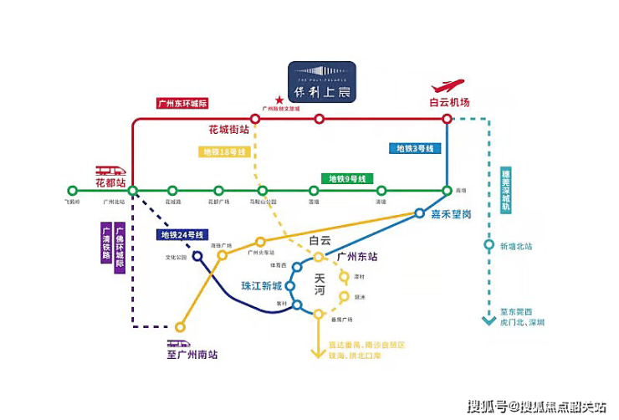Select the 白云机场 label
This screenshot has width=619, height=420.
pyautogui.click(x=449, y=102)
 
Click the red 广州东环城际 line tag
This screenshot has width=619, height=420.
pyautogui.click(x=182, y=104)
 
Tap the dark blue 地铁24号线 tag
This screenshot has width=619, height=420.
pyautogui.click(x=182, y=234)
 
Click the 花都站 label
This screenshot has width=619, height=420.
pyautogui.click(x=110, y=182)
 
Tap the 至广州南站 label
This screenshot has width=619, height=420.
pyautogui.click(x=192, y=355)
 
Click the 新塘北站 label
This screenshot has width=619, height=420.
pyautogui.click(x=516, y=246)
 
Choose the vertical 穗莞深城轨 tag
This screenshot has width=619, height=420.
pyautogui.click(x=504, y=192)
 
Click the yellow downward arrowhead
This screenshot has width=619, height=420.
pyautogui.click(x=317, y=353)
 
